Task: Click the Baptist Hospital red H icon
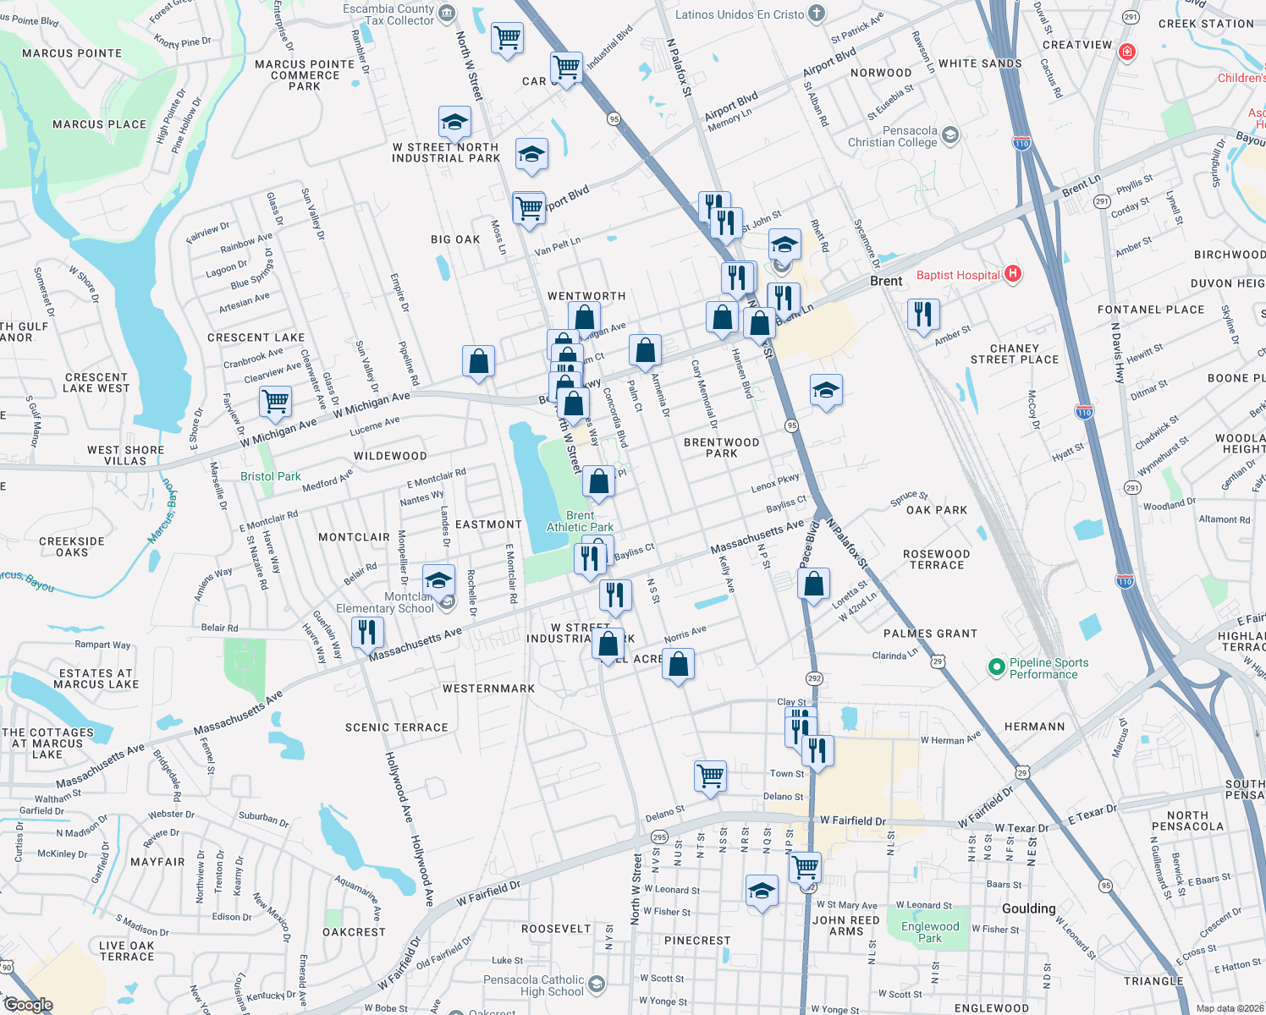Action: [x=1013, y=274]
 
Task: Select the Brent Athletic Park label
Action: [x=580, y=521]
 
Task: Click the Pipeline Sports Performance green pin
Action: [x=996, y=667]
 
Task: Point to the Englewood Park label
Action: [x=930, y=932]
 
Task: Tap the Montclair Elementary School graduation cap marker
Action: [x=438, y=581]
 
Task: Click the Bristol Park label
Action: [x=270, y=476]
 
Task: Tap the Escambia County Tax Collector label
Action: [x=388, y=14]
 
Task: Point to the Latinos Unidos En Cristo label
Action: [x=740, y=14]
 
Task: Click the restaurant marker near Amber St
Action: [x=922, y=314]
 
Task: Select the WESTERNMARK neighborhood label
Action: [x=488, y=689]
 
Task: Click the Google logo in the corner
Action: [x=28, y=1005]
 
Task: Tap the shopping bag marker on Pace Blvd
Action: [x=813, y=584]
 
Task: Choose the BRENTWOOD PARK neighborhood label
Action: [x=721, y=447]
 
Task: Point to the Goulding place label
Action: [x=1028, y=908]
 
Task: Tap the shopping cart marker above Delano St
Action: [x=710, y=775]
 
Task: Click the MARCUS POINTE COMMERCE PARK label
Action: [x=305, y=75]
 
